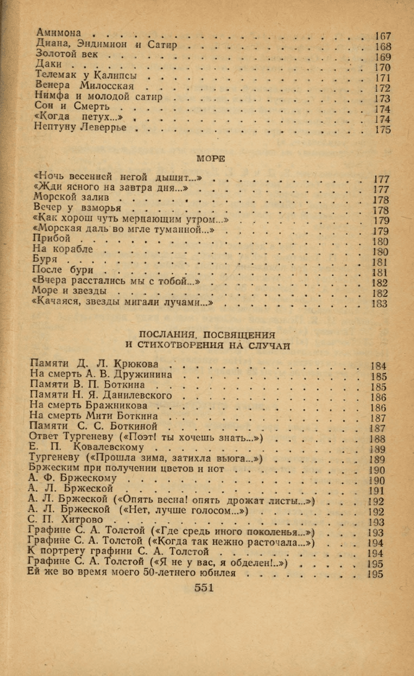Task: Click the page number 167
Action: (382, 35)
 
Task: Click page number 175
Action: (382, 130)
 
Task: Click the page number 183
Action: (380, 304)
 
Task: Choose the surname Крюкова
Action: (135, 363)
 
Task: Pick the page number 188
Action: (378, 439)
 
